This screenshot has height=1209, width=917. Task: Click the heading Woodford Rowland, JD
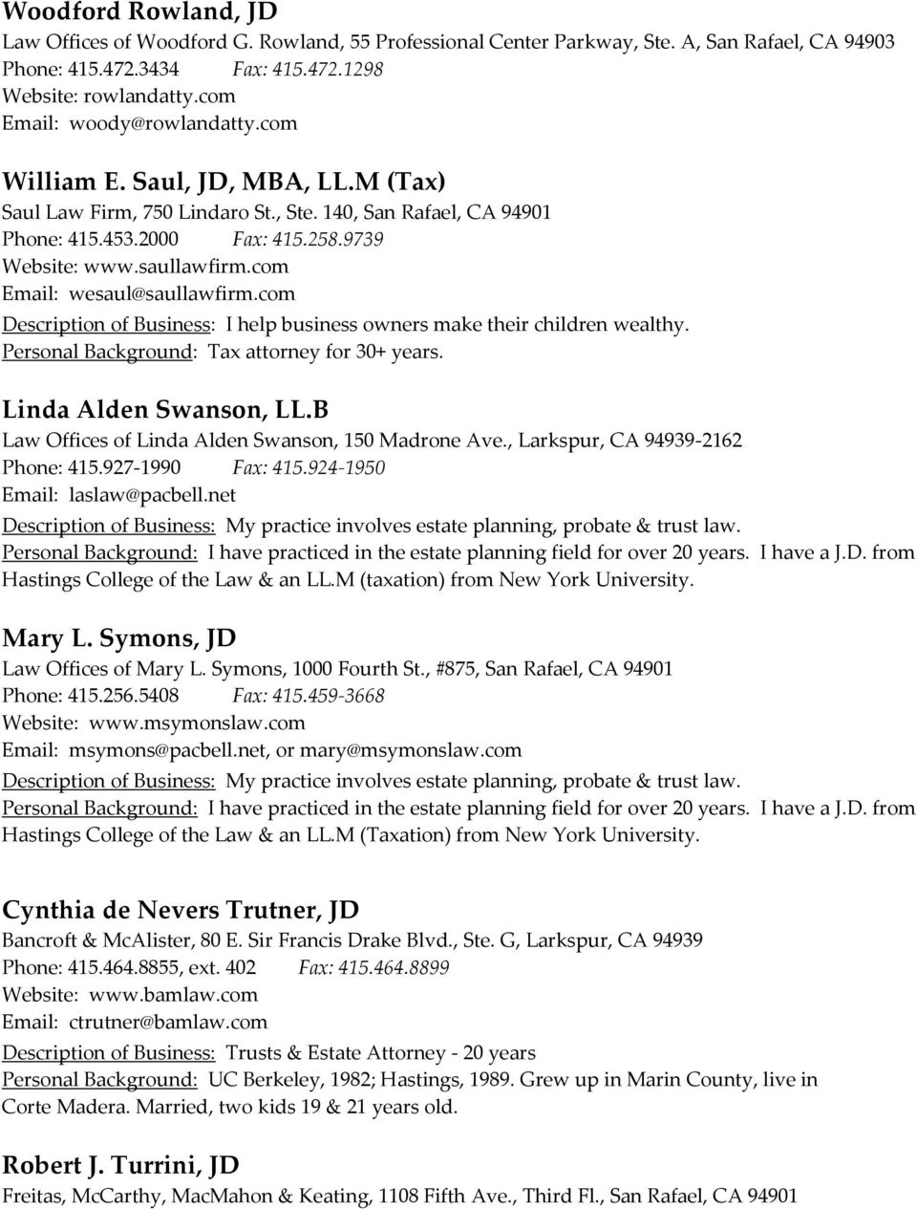coord(139,12)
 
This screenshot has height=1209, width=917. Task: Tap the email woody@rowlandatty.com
coord(182,123)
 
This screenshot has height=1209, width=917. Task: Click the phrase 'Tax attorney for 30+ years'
coord(324,352)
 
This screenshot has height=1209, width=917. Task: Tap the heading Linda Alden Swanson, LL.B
coord(165,410)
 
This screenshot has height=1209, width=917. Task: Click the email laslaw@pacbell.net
coord(152,495)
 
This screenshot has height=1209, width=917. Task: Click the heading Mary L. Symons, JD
coord(119,637)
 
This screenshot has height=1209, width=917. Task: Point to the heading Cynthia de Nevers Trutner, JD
coord(181,909)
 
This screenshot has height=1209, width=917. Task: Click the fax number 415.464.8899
coord(400,967)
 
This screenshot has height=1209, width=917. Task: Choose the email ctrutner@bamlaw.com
coord(168,1022)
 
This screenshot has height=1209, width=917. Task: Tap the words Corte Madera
coord(66,1108)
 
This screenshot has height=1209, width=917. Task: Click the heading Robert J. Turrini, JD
coord(120,1166)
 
